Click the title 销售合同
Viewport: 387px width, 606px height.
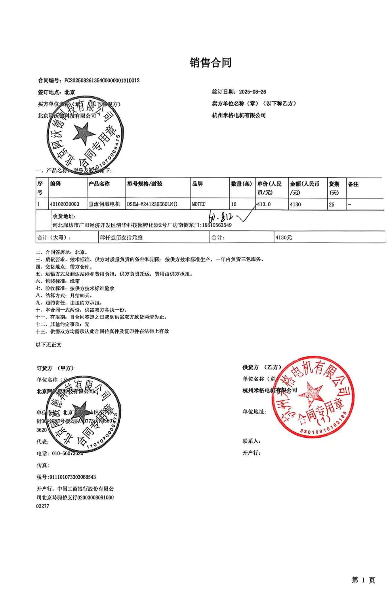(210, 63)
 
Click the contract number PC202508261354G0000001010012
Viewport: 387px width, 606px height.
(102, 80)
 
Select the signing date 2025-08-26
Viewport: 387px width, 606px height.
(252, 92)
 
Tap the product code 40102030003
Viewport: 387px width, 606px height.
(65, 204)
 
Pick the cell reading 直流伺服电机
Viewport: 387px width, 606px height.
(104, 204)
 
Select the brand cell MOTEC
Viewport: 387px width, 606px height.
(199, 204)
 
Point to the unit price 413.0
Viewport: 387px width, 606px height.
(264, 204)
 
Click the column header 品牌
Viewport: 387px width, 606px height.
(197, 184)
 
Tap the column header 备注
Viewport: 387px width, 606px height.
(353, 184)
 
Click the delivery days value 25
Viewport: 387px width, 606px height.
(332, 205)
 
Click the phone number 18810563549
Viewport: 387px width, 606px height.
(217, 225)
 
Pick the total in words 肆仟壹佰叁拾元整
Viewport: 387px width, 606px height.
(121, 238)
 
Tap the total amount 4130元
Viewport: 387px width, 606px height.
(284, 238)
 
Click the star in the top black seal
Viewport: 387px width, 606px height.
(83, 134)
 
